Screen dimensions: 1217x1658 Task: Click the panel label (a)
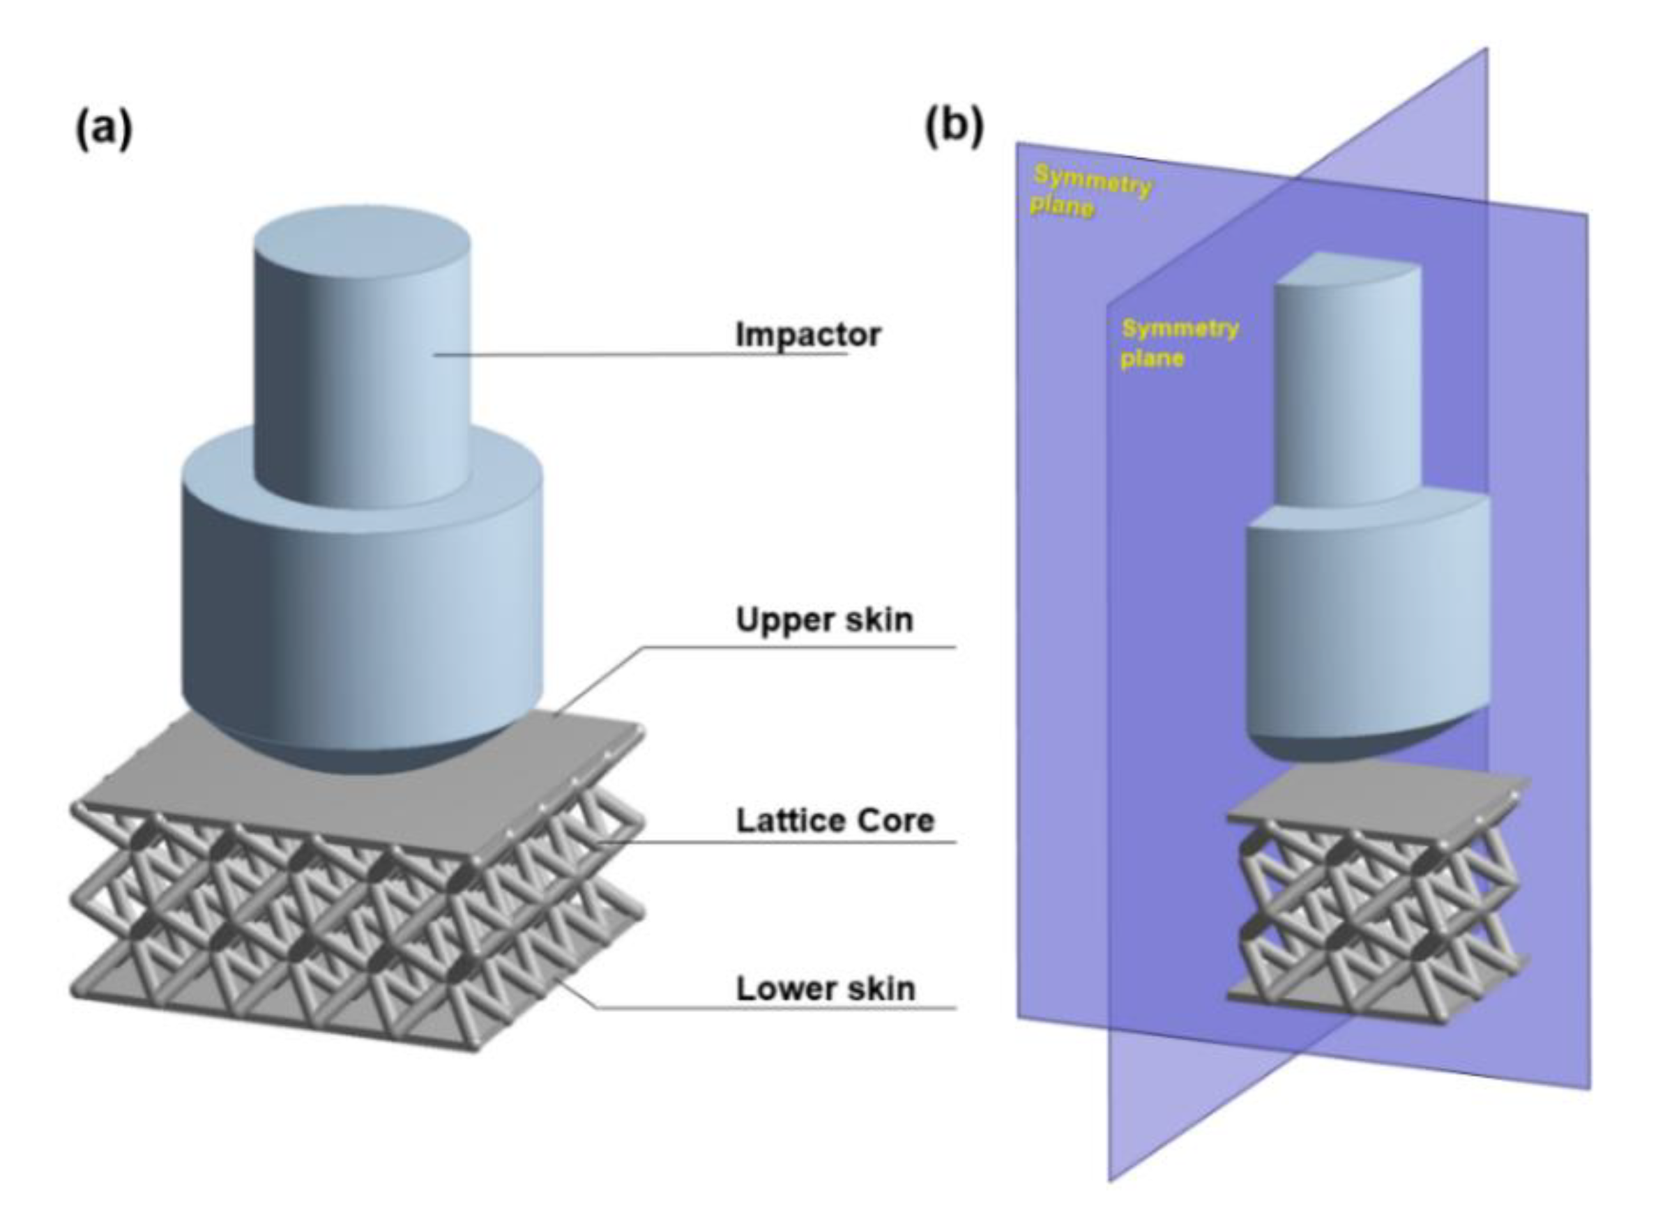pos(104,131)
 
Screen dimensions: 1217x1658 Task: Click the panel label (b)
pos(954,127)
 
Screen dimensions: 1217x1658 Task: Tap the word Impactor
pos(807,335)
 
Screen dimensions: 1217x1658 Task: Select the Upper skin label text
pos(824,620)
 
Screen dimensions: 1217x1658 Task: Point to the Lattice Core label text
pos(834,820)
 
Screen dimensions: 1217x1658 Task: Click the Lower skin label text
pos(826,988)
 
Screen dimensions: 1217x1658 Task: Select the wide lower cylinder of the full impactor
pos(361,604)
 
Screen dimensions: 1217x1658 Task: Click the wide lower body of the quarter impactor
pos(1363,626)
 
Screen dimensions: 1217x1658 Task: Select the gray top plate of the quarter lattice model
pos(1371,803)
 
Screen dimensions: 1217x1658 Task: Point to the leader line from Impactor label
pos(641,354)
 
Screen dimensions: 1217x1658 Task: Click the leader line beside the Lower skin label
pos(774,1007)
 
